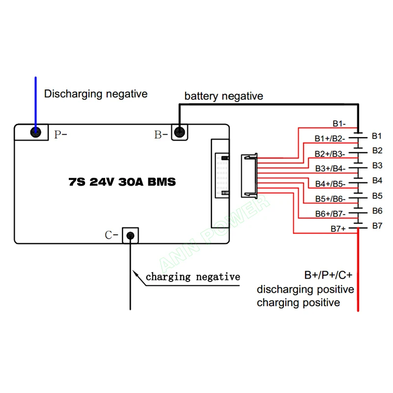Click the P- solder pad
pos(35,132)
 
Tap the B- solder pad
pos(179,132)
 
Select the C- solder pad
pos(130,236)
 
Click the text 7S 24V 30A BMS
pos(122,182)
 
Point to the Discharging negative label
pos(96,94)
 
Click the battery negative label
pos(224,96)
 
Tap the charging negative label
pos(193,277)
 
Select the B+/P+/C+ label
pos(328,275)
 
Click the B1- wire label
pos(339,124)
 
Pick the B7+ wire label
pos(338,229)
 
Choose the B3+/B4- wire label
pos(330,168)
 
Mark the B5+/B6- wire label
pos(330,199)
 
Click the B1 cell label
pos(377,136)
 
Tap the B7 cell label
pos(377,226)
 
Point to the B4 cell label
pos(377,180)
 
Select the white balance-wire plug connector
pos(250,175)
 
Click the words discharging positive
pos(306,290)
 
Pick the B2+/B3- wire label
pos(330,154)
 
